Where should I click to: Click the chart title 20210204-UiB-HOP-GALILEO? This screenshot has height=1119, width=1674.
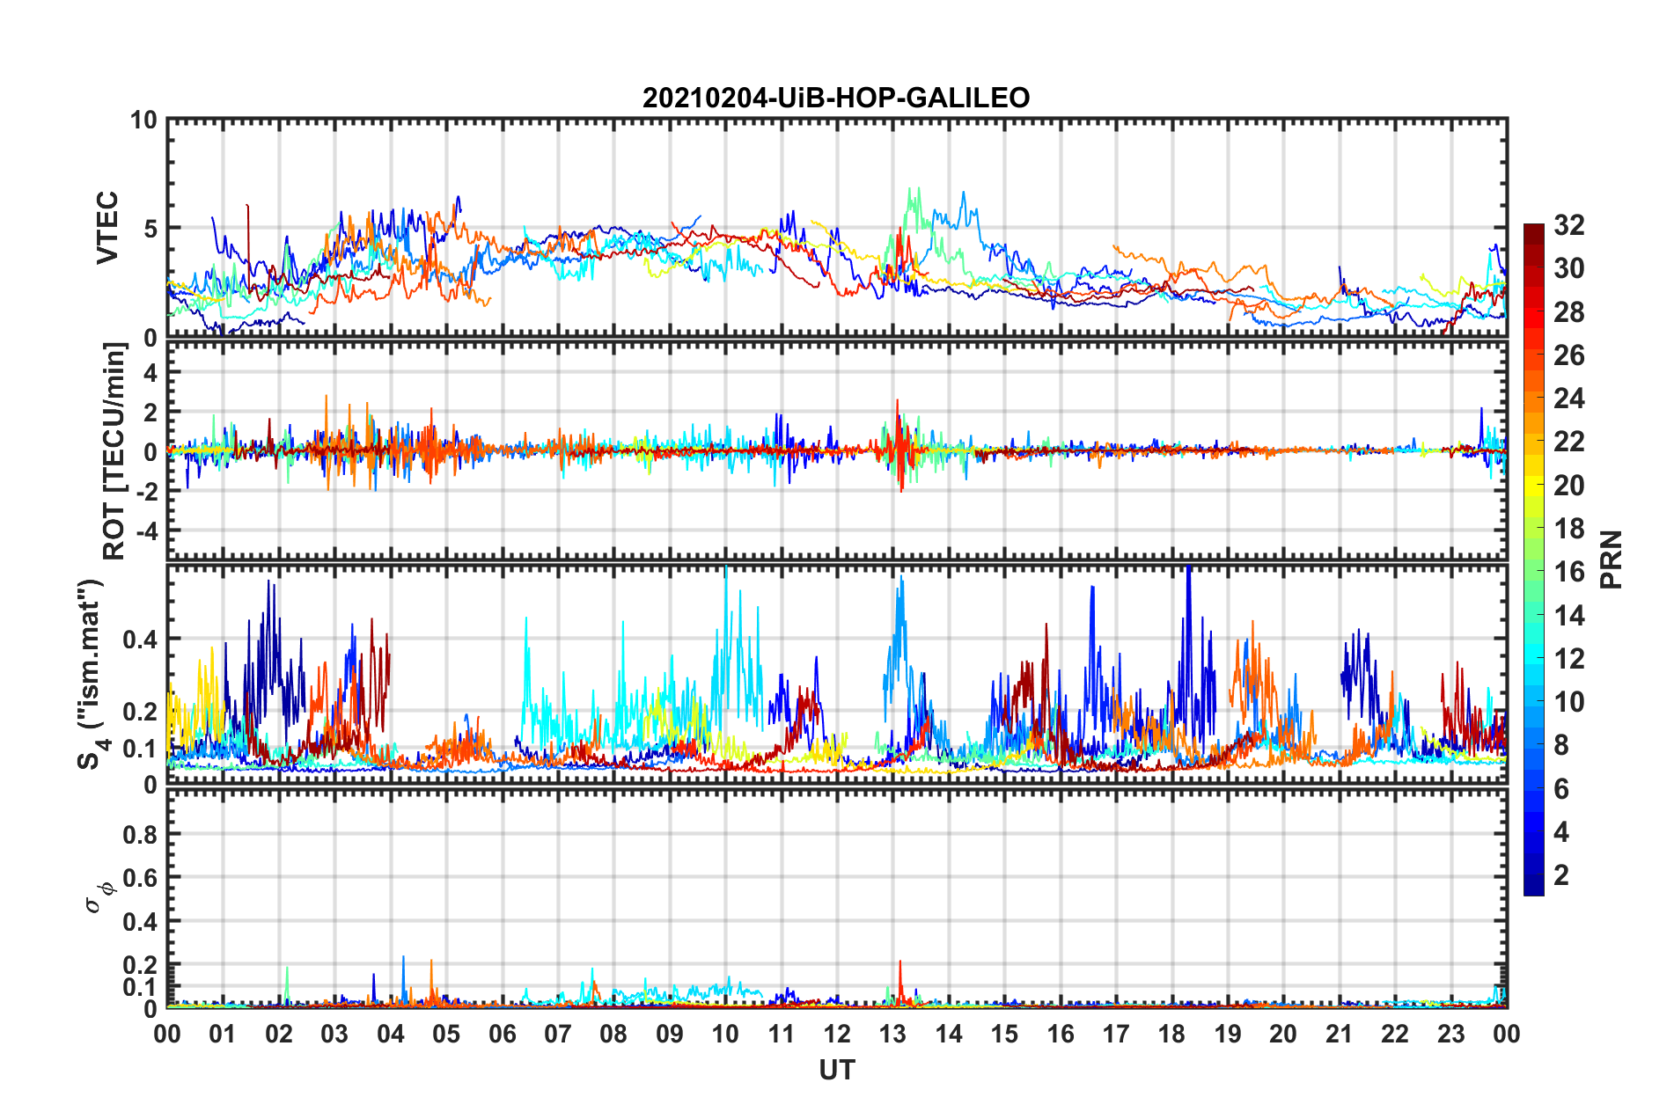pos(835,98)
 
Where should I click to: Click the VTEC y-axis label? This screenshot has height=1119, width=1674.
pos(107,228)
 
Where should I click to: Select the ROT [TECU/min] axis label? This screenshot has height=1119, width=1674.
pos(114,451)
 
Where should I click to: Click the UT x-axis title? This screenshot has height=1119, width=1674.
pos(836,1070)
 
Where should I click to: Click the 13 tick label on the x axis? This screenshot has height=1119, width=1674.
pos(892,1035)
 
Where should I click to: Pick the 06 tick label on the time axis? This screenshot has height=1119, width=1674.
pos(502,1035)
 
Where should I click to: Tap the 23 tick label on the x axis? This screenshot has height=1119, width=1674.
pos(1450,1035)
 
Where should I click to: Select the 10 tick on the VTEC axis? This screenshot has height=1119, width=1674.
pos(143,120)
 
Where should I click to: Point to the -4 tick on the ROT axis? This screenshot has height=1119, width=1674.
pos(146,531)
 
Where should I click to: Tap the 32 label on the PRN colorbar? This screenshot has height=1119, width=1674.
pos(1568,225)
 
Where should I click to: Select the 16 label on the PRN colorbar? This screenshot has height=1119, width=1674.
pos(1568,572)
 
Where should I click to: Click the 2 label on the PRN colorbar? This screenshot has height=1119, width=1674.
pos(1561,874)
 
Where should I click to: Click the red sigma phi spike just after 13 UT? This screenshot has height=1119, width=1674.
pos(899,968)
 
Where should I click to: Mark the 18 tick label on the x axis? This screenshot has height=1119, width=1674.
pos(1171,1035)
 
